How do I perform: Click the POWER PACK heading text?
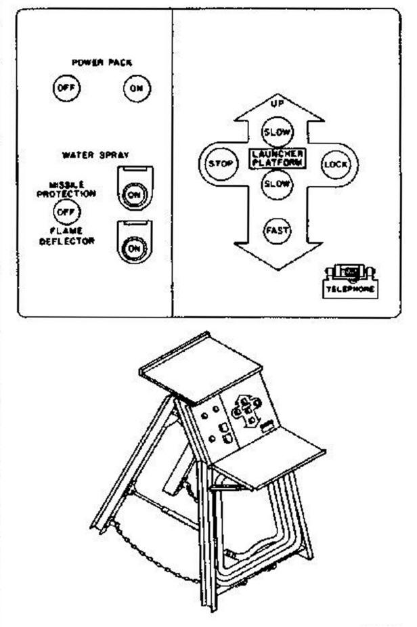tap(102, 63)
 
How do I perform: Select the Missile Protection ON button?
tap(134, 195)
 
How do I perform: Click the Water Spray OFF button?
tap(66, 212)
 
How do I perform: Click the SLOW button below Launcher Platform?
tap(276, 184)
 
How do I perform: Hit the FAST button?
tap(276, 230)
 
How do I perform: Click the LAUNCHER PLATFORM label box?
tap(277, 158)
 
